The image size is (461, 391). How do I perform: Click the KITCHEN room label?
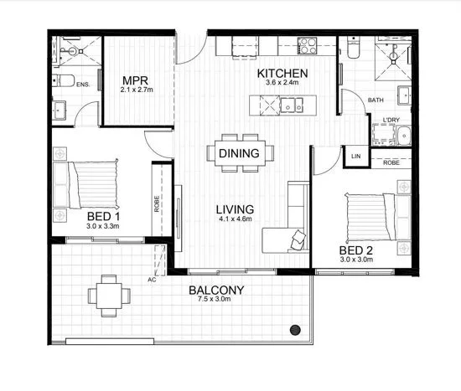(x=282, y=74)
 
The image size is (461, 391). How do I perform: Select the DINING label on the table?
(x=239, y=154)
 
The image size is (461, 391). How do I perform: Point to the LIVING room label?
(x=235, y=209)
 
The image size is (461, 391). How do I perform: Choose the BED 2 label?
(x=355, y=250)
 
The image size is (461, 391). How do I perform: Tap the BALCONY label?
(x=216, y=291)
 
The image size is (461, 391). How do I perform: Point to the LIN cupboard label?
(x=355, y=157)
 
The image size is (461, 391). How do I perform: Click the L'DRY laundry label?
(x=391, y=121)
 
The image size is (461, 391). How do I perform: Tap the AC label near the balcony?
(x=152, y=279)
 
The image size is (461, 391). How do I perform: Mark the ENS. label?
(x=83, y=85)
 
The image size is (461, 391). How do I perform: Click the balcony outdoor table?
(x=110, y=294)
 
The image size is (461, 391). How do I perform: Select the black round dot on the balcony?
(x=294, y=329)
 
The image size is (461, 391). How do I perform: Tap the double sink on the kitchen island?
(x=291, y=105)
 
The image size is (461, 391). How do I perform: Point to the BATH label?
(x=376, y=101)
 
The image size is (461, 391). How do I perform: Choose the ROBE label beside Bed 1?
(x=157, y=203)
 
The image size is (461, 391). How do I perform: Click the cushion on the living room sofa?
(x=299, y=240)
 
